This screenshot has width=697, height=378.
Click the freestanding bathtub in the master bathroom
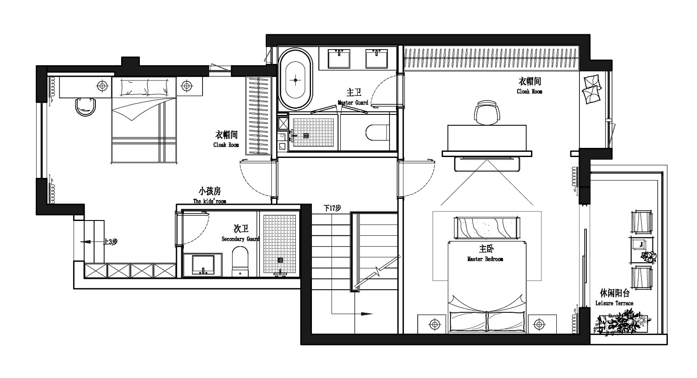(295, 80)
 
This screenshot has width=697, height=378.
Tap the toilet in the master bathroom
(377, 133)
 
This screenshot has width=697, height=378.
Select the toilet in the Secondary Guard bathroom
(240, 261)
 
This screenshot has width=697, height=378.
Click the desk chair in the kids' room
(85, 107)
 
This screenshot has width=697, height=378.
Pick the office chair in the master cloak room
(487, 113)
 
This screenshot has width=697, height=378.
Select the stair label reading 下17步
(332, 208)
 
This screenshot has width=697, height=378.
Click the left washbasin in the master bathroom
(339, 59)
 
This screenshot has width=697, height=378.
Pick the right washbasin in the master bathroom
(376, 59)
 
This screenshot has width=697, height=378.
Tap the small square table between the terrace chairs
(641, 250)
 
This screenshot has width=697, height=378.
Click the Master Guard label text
(353, 98)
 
